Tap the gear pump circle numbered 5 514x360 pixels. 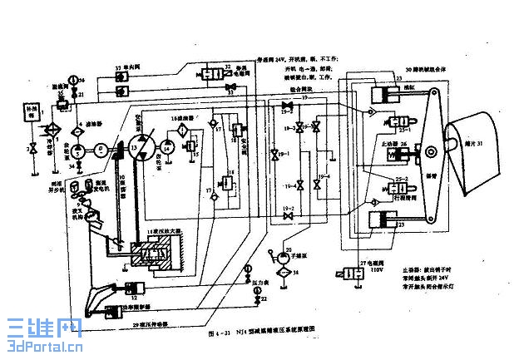77,150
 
